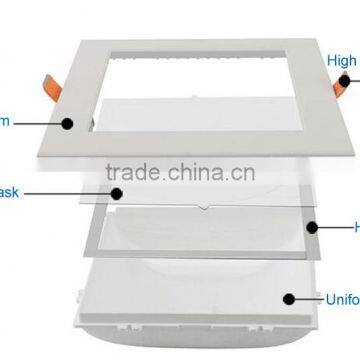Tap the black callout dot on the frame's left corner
(x=69, y=123)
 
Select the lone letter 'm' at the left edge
(x=5, y=123)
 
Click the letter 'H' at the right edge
(x=355, y=227)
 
